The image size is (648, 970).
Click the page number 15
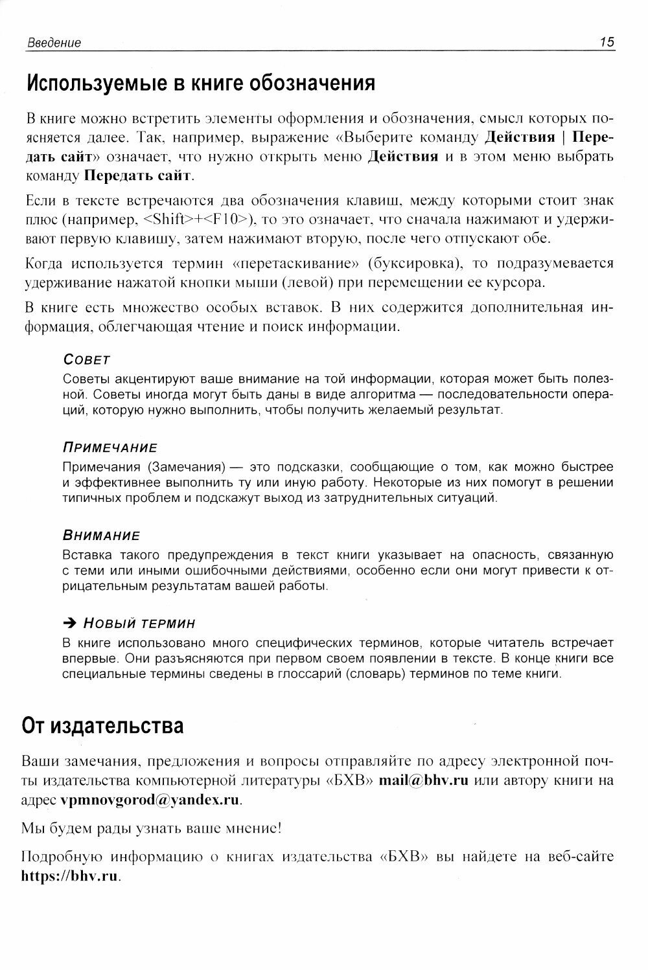tap(607, 43)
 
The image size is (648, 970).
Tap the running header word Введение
tap(54, 43)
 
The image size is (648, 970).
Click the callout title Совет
tap(87, 359)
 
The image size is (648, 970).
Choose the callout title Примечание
tap(110, 448)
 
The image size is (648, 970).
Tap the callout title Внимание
tap(101, 536)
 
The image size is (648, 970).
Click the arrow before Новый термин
tap(70, 624)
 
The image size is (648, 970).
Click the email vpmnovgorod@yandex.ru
tap(150, 800)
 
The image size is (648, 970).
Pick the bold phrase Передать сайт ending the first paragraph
tap(139, 175)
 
